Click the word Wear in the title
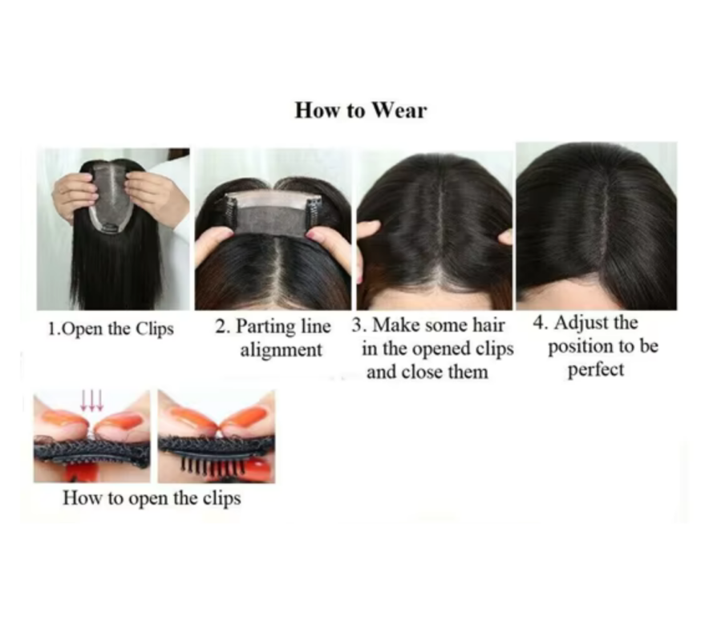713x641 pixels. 399,111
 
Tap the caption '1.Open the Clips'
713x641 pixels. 111,329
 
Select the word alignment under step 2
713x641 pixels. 281,350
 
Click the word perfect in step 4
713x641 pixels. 596,370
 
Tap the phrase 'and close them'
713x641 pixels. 427,372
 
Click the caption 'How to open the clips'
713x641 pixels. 152,498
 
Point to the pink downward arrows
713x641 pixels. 92,401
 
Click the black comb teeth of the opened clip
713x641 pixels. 213,467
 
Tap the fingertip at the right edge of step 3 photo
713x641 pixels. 505,236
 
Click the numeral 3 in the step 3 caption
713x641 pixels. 356,326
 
